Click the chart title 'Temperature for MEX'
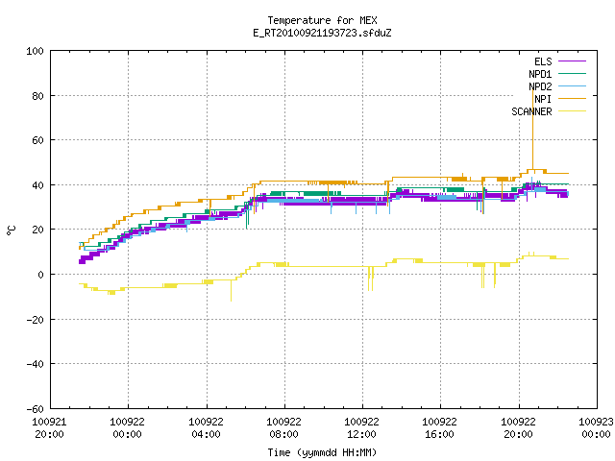point(322,20)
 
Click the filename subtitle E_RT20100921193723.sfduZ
point(322,33)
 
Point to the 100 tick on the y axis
point(35,51)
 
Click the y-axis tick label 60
point(37,140)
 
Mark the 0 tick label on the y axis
point(40,275)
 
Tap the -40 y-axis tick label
point(35,364)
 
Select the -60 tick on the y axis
point(35,409)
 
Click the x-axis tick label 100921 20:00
point(49,428)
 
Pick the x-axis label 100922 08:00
point(284,428)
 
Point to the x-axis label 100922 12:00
point(361,428)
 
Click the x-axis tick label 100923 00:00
point(596,428)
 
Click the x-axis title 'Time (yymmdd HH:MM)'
point(322,452)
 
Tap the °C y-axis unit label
point(12,230)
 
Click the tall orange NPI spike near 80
point(532,130)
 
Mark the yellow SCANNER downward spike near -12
point(231,290)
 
